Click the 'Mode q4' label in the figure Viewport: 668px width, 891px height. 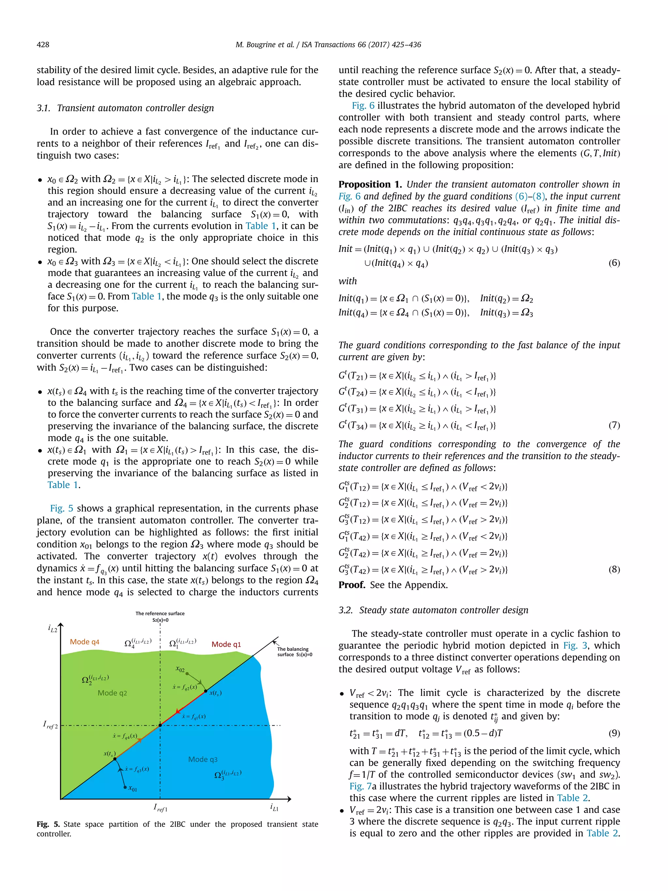pos(84,642)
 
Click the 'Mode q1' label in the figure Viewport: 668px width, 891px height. pos(226,644)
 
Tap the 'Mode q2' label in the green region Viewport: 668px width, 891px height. pos(112,693)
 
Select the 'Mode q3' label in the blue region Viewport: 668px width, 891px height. pos(203,759)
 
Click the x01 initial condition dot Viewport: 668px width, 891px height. pos(125,787)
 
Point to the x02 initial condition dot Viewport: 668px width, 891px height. pos(187,673)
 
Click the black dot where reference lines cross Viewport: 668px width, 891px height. pos(160,725)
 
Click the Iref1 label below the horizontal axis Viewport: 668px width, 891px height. pos(160,807)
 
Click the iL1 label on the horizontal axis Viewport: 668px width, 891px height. pos(274,807)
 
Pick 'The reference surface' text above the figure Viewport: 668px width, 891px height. pos(160,613)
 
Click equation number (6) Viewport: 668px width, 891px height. pos(614,263)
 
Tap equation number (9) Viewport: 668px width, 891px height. pos(614,733)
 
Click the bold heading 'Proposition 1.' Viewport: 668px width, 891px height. pos(370,184)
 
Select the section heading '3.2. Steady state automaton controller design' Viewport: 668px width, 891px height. pos(433,610)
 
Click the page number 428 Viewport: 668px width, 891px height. pos(43,45)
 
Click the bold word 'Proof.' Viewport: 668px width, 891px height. pos(352,585)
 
